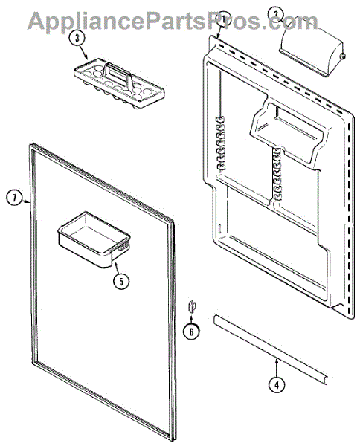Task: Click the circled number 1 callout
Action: pyautogui.click(x=223, y=20)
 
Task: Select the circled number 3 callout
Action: pyautogui.click(x=77, y=39)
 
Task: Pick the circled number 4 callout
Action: pyautogui.click(x=277, y=385)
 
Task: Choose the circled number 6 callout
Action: pyautogui.click(x=191, y=332)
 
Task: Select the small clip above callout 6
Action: pyautogui.click(x=191, y=306)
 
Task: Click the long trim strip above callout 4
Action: pyautogui.click(x=270, y=349)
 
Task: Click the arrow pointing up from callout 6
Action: pyautogui.click(x=191, y=318)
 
